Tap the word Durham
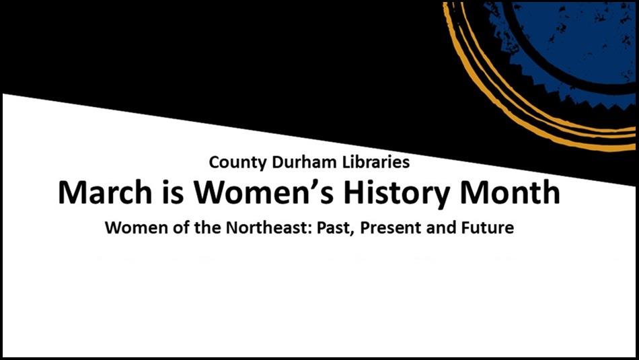pos(292,162)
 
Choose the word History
pos(396,193)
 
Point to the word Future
pos(488,228)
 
